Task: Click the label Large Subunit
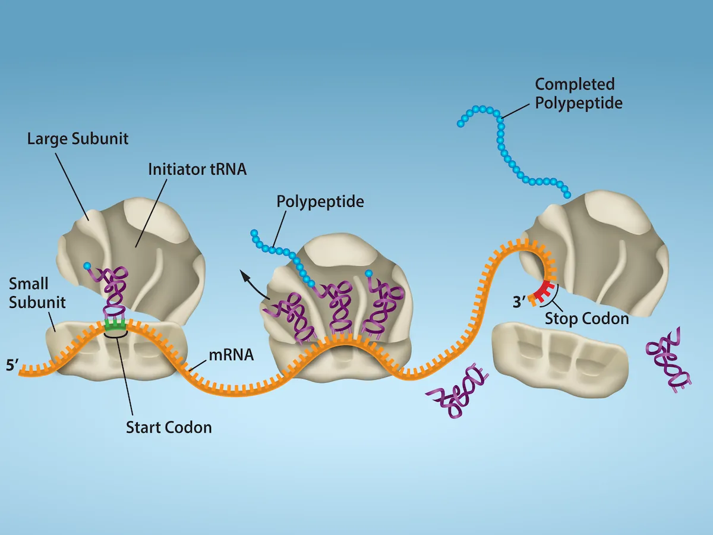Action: pyautogui.click(x=78, y=139)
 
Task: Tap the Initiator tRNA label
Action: pyautogui.click(x=197, y=169)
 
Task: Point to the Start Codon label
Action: pyautogui.click(x=169, y=427)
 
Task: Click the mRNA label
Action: pyautogui.click(x=232, y=355)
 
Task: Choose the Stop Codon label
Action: pyautogui.click(x=586, y=319)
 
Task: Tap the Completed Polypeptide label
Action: pyautogui.click(x=578, y=93)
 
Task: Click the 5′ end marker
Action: pyautogui.click(x=12, y=364)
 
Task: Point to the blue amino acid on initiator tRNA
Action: pyautogui.click(x=88, y=265)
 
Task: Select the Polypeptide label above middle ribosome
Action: pyautogui.click(x=320, y=201)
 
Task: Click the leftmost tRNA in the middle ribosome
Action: pyautogui.click(x=290, y=318)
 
